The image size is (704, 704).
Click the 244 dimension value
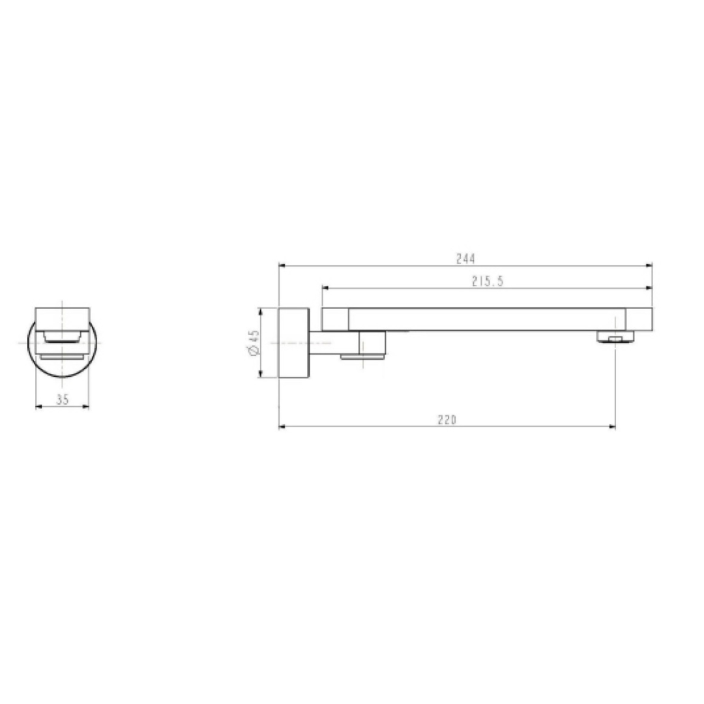pyautogui.click(x=464, y=258)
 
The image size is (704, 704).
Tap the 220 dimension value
pyautogui.click(x=447, y=420)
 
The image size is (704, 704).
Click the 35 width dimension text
pyautogui.click(x=62, y=400)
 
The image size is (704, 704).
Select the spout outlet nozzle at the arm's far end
pyautogui.click(x=615, y=337)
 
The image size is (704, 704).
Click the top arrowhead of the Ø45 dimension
pyautogui.click(x=260, y=312)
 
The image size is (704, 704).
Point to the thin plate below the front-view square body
pyautogui.click(x=62, y=356)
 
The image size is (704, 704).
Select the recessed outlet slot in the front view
pyautogui.click(x=62, y=336)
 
